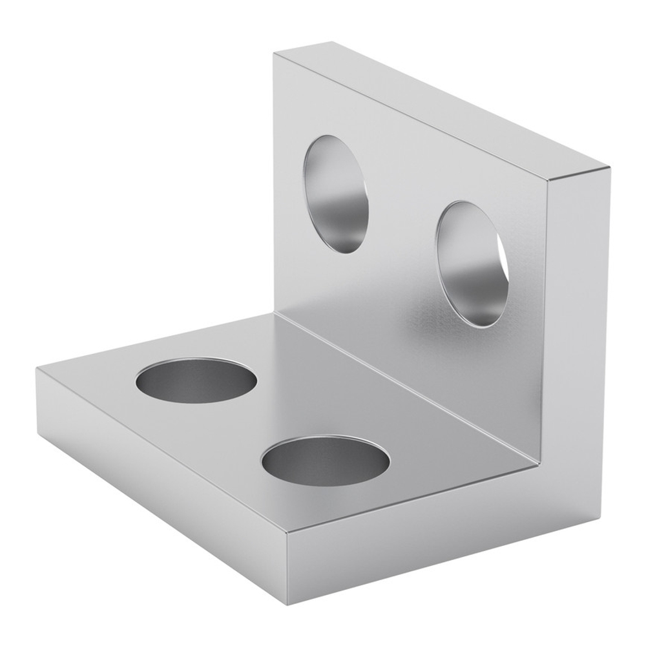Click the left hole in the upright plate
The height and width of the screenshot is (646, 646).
click(335, 194)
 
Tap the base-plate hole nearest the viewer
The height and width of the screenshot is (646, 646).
click(326, 461)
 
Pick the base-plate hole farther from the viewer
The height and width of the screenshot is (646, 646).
click(196, 380)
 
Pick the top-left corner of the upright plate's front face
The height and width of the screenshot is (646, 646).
click(274, 54)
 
